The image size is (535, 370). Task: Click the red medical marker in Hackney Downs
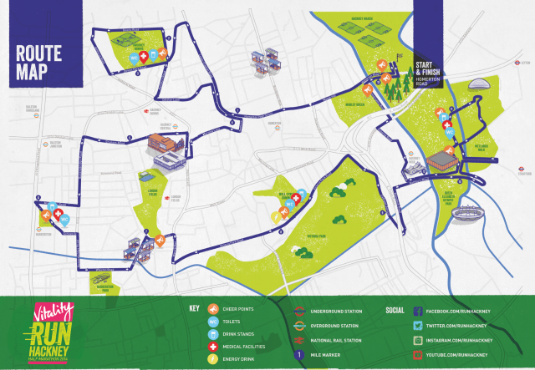click(143, 57)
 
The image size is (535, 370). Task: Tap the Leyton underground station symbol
click(518, 61)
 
